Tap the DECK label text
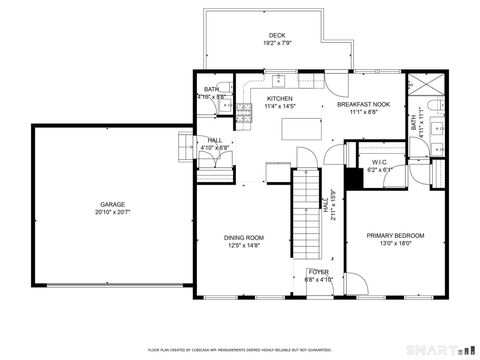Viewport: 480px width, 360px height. (x=276, y=36)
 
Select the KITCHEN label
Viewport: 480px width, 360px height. (x=279, y=98)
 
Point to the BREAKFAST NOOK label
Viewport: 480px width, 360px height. (x=364, y=105)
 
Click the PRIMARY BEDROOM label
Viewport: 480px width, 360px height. (x=395, y=235)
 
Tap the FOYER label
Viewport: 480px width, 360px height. (x=318, y=272)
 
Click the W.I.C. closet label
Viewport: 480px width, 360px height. (x=380, y=162)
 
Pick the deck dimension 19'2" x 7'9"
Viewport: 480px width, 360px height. (x=276, y=43)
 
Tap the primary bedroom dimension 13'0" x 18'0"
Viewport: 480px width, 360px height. (x=395, y=243)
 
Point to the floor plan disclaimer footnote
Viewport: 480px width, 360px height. (x=239, y=350)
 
